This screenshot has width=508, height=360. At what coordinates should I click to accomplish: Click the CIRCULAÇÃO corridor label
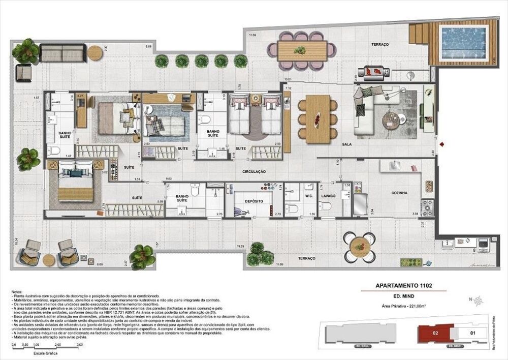tap(255, 172)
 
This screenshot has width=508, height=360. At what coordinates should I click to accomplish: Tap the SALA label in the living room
tap(347, 144)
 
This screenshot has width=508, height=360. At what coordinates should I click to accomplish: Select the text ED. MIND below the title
tap(403, 296)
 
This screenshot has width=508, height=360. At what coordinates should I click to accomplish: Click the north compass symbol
tap(478, 301)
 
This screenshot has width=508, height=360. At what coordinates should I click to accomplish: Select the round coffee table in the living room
tap(392, 120)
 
